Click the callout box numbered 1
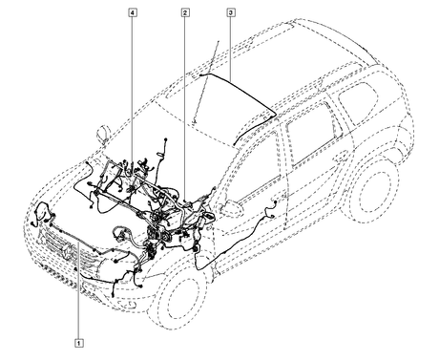79,343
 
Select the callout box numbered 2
185,12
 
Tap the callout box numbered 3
231,12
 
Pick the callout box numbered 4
133,12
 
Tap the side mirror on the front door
230,208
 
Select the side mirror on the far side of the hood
102,134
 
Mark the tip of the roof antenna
219,41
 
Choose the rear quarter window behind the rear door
359,102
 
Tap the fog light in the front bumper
127,305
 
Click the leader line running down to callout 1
78,291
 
